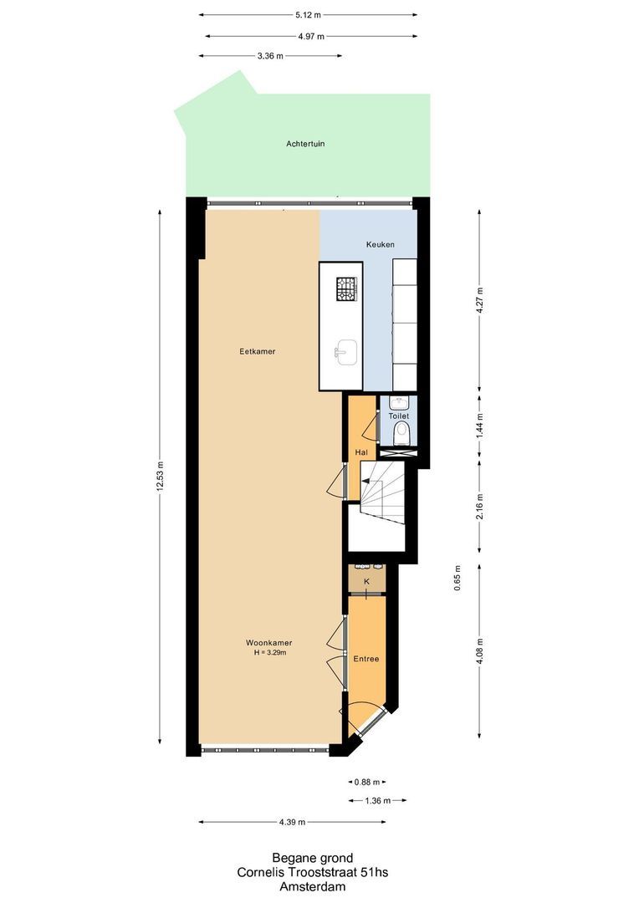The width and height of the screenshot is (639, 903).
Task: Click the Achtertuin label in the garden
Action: pyautogui.click(x=305, y=144)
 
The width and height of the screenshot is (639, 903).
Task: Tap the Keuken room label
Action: pyautogui.click(x=380, y=244)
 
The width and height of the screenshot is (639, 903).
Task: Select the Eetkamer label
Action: pyautogui.click(x=257, y=351)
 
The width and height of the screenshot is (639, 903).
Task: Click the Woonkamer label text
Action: pyautogui.click(x=268, y=642)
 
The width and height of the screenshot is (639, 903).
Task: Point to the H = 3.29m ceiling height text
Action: pyautogui.click(x=269, y=652)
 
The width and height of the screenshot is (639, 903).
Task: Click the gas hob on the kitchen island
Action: pyautogui.click(x=346, y=288)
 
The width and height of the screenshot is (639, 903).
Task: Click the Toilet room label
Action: pyautogui.click(x=398, y=416)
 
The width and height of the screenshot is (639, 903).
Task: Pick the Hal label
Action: pyautogui.click(x=361, y=452)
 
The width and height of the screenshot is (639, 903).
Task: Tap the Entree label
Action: pyautogui.click(x=366, y=659)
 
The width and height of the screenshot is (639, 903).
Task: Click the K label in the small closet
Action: pyautogui.click(x=366, y=579)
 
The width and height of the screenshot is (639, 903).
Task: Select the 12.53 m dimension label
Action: pyautogui.click(x=160, y=477)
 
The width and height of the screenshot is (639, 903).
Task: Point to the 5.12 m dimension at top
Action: pyautogui.click(x=309, y=15)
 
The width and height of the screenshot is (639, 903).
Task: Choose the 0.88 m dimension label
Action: pyautogui.click(x=366, y=783)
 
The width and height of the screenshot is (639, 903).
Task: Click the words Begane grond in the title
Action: pyautogui.click(x=312, y=858)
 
